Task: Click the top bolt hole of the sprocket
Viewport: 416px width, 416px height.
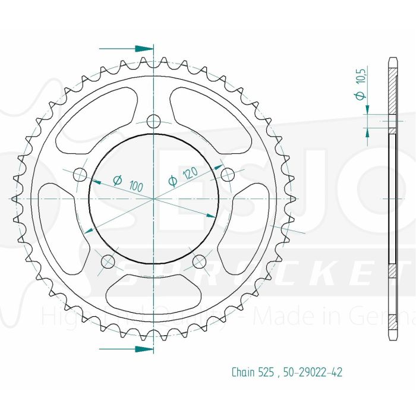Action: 154,121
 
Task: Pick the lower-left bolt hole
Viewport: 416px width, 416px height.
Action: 108,261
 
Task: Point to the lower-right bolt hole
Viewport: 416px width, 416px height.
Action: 200,261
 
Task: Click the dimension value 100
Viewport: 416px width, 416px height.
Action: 135,185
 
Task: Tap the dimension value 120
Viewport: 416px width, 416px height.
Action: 190,173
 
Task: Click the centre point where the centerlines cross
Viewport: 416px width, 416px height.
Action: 154,197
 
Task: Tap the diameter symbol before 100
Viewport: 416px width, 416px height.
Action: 117,179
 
